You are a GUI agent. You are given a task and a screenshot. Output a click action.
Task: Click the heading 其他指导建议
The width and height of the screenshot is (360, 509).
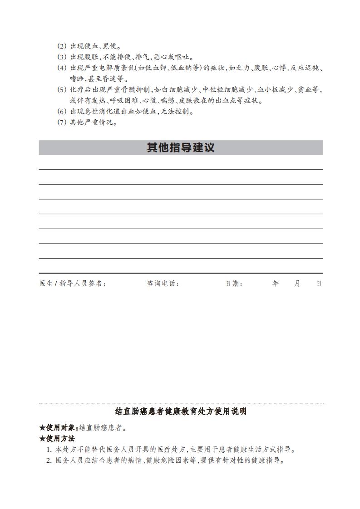click(181, 148)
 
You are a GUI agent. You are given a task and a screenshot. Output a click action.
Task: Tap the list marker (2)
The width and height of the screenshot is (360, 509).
click(62, 46)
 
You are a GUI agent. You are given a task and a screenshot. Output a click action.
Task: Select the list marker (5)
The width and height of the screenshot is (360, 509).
click(62, 90)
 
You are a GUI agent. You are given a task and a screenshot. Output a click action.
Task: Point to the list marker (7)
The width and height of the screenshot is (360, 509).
click(62, 122)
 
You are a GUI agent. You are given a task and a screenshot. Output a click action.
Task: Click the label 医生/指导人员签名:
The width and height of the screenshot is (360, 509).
click(73, 284)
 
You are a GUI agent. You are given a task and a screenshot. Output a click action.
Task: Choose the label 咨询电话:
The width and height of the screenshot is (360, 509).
click(163, 284)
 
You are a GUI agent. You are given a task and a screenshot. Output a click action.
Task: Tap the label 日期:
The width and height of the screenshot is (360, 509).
click(234, 284)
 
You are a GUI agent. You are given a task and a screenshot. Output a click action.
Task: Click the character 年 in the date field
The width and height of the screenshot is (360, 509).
click(276, 284)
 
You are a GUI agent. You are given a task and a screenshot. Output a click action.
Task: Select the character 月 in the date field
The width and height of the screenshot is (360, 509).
click(297, 284)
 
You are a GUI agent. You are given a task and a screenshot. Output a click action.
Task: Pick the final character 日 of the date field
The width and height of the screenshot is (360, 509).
click(319, 284)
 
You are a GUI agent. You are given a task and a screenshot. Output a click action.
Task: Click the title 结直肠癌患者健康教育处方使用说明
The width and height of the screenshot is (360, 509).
click(181, 412)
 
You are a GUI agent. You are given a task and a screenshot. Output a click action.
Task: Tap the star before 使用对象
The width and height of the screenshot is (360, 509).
click(42, 427)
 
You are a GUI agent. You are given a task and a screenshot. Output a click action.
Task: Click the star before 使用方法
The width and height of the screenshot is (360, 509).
click(42, 439)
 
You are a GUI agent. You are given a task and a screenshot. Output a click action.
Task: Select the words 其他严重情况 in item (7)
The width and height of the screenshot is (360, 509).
click(92, 122)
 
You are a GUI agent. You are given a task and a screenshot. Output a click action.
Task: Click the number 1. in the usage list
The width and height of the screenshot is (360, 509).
click(49, 450)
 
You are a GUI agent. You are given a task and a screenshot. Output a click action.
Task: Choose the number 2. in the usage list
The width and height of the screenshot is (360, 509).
click(49, 461)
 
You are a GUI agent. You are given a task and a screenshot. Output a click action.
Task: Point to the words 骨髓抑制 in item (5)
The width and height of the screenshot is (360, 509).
click(137, 90)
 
